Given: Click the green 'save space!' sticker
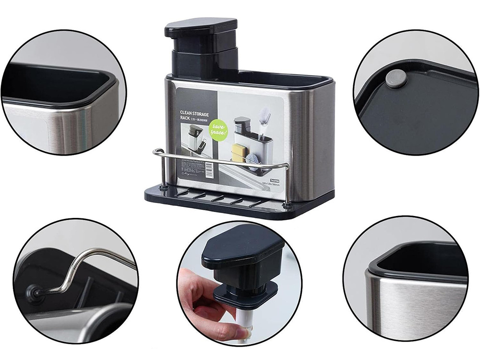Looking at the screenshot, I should pos(219,130).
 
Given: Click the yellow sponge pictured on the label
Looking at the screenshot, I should pos(239,152).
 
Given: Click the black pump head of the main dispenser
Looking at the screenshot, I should pos(201,28).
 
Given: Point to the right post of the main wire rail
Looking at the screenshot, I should pos(288,185).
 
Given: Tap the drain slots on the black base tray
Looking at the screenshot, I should pos(216,198).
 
